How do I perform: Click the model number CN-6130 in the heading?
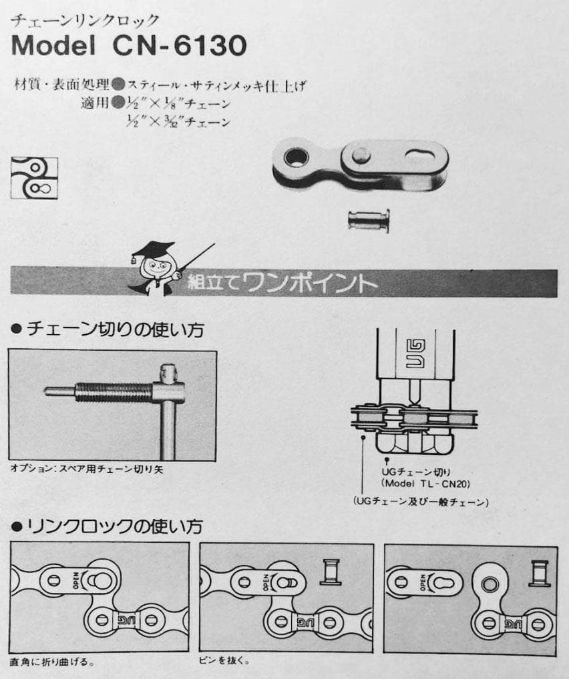click(x=180, y=45)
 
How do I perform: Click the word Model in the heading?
click(x=53, y=45)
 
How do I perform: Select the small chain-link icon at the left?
click(x=34, y=177)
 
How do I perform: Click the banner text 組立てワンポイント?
click(x=282, y=283)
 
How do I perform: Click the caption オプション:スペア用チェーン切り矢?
click(x=87, y=470)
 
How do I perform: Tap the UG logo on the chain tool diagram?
click(x=415, y=354)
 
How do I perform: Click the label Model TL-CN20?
click(x=425, y=484)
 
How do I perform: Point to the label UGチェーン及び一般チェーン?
click(x=421, y=502)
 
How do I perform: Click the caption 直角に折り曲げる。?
click(x=52, y=662)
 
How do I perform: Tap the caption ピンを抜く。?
click(x=224, y=661)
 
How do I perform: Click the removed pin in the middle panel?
click(x=330, y=572)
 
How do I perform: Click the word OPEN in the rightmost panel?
click(x=423, y=582)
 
